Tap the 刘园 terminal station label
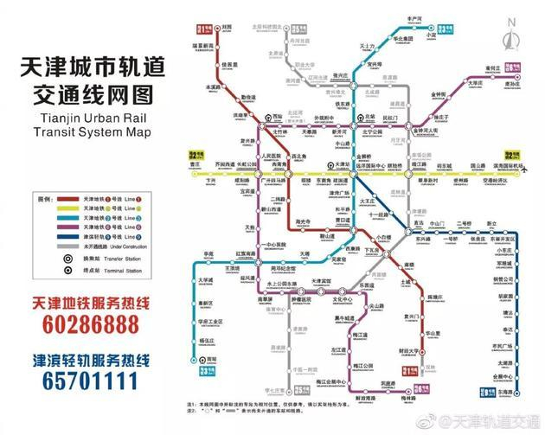point(227,27)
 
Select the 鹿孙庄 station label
point(512,85)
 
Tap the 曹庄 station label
point(196,163)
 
